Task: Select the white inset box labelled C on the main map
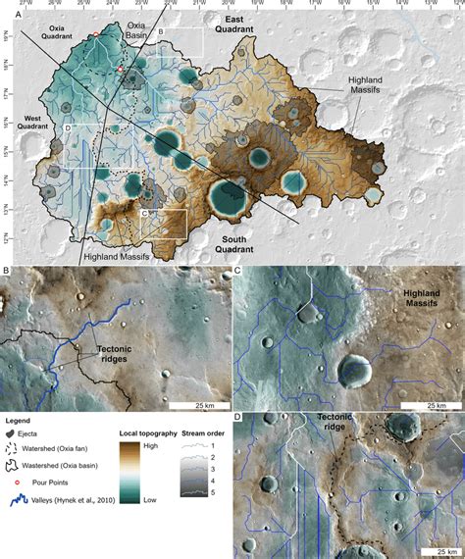coord(164,223)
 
